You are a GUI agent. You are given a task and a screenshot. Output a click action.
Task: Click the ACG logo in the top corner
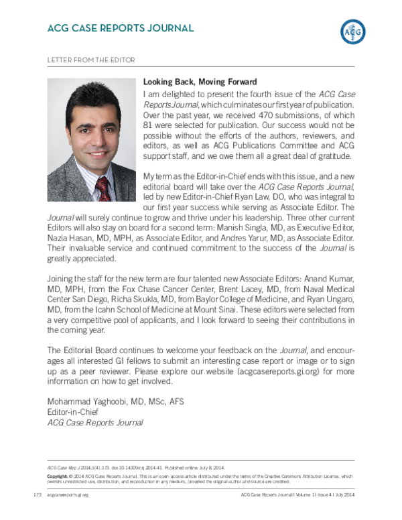(x=354, y=30)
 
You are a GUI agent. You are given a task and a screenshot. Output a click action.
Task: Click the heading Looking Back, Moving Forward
(x=200, y=82)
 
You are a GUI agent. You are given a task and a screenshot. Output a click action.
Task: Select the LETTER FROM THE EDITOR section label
(x=91, y=60)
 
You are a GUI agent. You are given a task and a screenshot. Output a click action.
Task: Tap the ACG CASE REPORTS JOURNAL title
(x=121, y=28)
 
